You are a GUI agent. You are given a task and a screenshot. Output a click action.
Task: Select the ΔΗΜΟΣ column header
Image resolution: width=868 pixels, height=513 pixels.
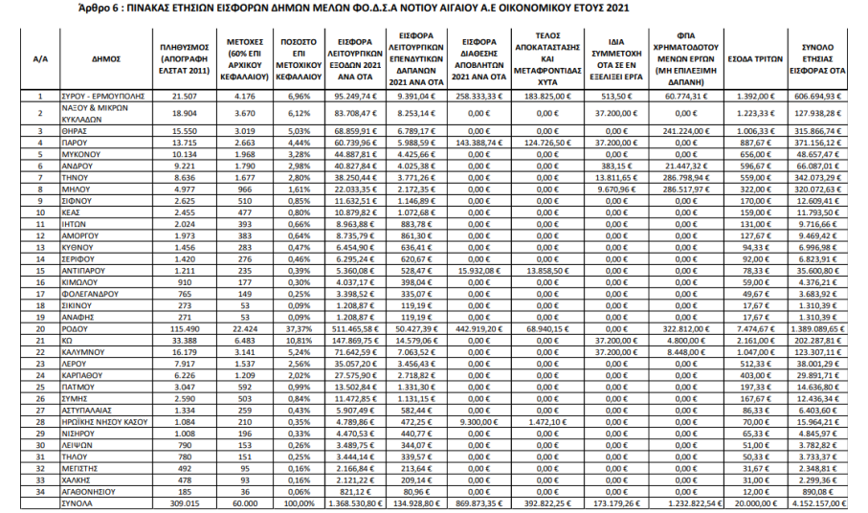coord(106,58)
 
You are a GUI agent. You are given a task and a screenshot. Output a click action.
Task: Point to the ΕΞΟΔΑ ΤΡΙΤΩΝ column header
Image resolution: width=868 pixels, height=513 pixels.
coord(750,58)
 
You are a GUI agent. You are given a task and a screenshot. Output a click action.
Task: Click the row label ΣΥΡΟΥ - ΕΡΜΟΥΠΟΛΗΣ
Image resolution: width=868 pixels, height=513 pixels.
coord(106,97)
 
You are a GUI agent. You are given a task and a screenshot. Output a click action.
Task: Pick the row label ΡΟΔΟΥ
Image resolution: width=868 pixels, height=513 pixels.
coord(78,326)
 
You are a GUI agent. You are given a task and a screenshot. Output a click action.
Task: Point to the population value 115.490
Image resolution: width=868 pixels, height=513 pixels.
coord(183,326)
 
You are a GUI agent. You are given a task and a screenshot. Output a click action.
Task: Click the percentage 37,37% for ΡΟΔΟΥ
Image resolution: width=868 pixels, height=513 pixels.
coord(298,326)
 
